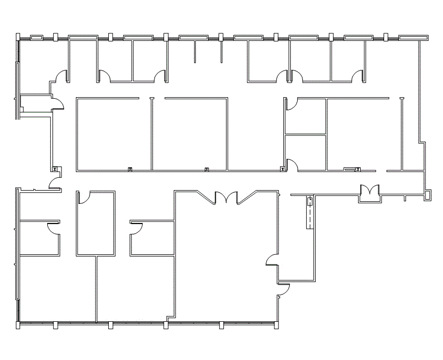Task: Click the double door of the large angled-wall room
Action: tap(227, 198)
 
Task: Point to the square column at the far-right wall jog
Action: tap(428, 195)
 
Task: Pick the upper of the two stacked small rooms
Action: tap(306, 116)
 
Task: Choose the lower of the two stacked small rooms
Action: tap(306, 152)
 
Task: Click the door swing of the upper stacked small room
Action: tap(291, 105)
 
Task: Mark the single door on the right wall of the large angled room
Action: tap(272, 260)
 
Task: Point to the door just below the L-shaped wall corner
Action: tap(283, 290)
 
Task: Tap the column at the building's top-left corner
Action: tap(18, 37)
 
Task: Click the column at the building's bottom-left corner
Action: tap(17, 324)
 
